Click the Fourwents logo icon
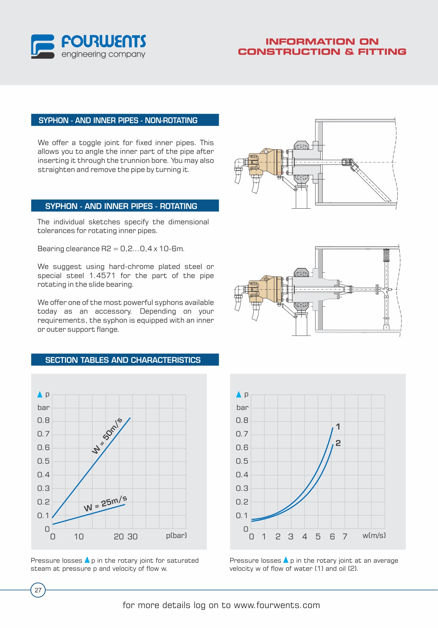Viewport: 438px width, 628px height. [x=43, y=46]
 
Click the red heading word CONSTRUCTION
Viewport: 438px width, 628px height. [x=289, y=52]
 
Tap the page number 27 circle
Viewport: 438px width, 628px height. [x=38, y=590]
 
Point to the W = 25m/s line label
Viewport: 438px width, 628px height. [x=105, y=503]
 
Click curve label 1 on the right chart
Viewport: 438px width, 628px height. [x=338, y=427]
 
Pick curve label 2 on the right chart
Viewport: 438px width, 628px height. [x=338, y=443]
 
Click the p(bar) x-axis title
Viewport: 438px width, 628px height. [x=176, y=536]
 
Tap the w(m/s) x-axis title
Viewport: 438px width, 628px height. [x=374, y=536]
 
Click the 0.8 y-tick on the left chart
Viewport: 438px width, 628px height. [x=44, y=420]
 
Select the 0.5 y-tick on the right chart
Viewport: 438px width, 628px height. [x=242, y=461]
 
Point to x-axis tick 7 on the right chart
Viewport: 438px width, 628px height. [x=345, y=537]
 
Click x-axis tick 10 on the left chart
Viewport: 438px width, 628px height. [x=79, y=537]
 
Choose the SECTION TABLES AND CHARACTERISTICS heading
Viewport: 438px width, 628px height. [x=123, y=360]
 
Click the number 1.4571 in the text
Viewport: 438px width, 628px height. [x=102, y=276]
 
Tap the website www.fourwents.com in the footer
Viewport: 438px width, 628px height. [x=277, y=605]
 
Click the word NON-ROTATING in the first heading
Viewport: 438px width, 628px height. [x=171, y=120]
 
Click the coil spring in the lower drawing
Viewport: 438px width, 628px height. [x=386, y=255]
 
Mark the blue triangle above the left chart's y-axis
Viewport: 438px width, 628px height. [x=40, y=394]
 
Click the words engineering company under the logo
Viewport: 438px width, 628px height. [x=103, y=54]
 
